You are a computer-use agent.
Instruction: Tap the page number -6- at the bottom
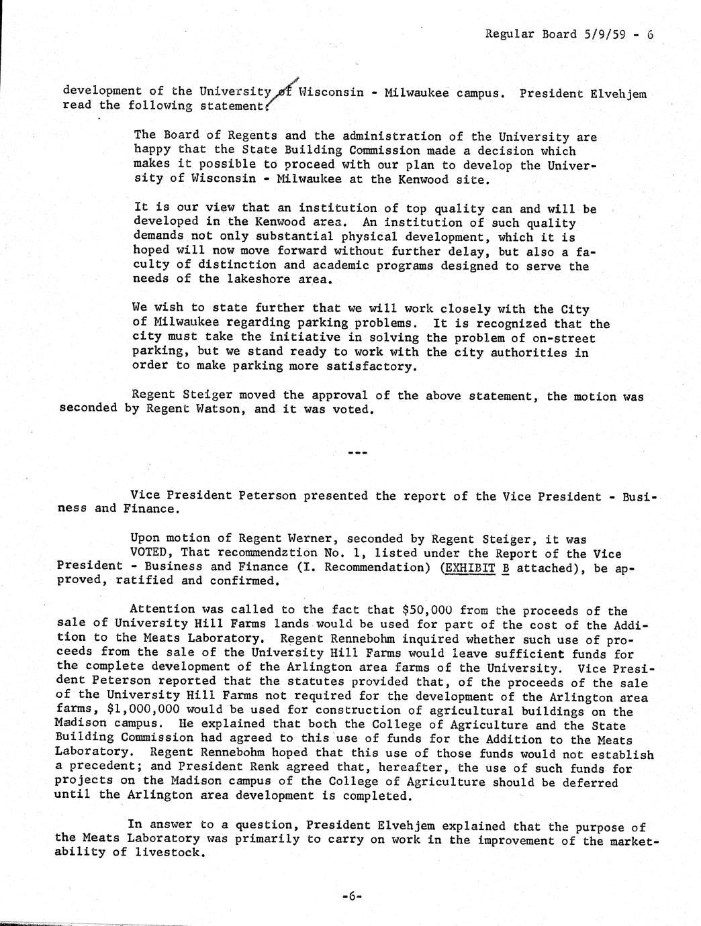(351, 895)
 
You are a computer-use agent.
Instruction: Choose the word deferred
(589, 782)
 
